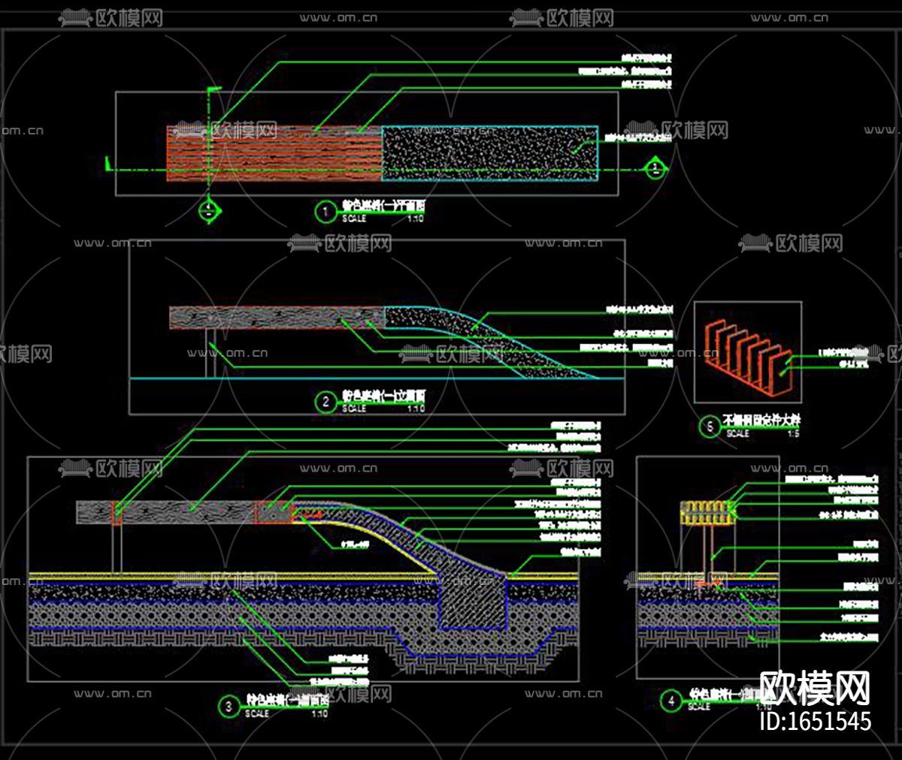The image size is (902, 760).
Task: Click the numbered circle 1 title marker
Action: pyautogui.click(x=325, y=211)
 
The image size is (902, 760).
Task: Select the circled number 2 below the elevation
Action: pyautogui.click(x=325, y=402)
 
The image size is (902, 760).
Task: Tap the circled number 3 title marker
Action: pyautogui.click(x=229, y=706)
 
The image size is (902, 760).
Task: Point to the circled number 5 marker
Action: pyautogui.click(x=710, y=427)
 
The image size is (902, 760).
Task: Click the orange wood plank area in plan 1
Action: pyautogui.click(x=274, y=153)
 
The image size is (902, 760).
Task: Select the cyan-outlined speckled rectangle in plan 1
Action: pyautogui.click(x=489, y=153)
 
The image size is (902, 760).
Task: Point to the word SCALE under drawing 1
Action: pyautogui.click(x=354, y=219)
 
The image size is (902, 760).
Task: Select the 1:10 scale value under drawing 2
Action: pyautogui.click(x=416, y=409)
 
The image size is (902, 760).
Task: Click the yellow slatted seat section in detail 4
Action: pyautogui.click(x=706, y=512)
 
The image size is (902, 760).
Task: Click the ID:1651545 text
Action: pyautogui.click(x=815, y=721)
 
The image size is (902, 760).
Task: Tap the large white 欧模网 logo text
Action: pyautogui.click(x=815, y=688)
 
